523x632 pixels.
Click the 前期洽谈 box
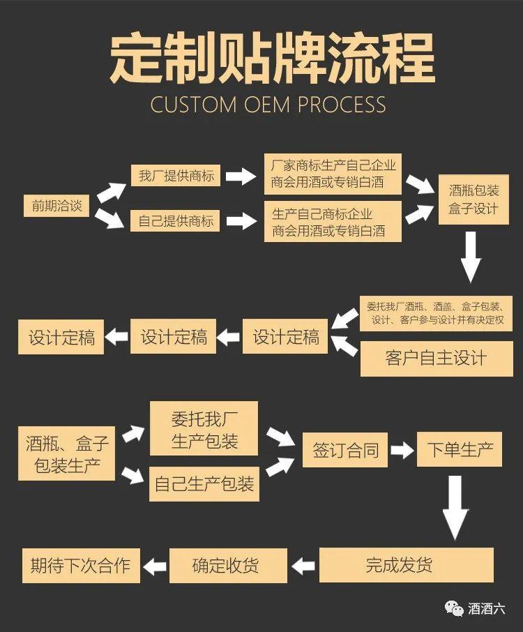pyautogui.click(x=56, y=205)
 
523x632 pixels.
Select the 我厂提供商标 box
pyautogui.click(x=176, y=176)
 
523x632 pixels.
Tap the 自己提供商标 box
pyautogui.click(x=176, y=221)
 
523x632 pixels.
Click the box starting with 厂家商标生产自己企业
pyautogui.click(x=333, y=174)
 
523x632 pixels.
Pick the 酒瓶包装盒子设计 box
pyautogui.click(x=473, y=199)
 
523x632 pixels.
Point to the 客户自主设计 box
pyautogui.click(x=436, y=359)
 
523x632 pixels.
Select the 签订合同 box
pyautogui.click(x=345, y=451)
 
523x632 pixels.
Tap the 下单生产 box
pyautogui.click(x=459, y=451)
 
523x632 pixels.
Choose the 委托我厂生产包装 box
pyautogui.click(x=204, y=430)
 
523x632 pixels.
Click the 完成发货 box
pyautogui.click(x=407, y=565)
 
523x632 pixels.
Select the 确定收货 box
pyautogui.click(x=229, y=565)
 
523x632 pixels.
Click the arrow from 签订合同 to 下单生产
pyautogui.click(x=402, y=451)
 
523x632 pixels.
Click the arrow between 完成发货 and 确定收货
pyautogui.click(x=303, y=565)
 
